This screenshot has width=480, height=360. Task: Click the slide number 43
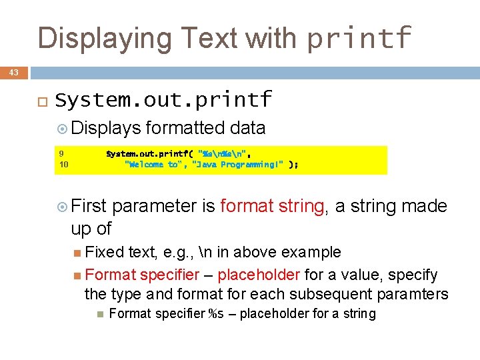click(14, 72)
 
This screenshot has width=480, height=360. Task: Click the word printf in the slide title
click(359, 38)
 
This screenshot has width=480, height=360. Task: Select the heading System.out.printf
click(164, 100)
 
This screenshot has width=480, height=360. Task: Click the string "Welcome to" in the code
click(155, 165)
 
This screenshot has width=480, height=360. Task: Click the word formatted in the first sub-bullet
click(185, 128)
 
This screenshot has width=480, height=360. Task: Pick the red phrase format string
click(273, 206)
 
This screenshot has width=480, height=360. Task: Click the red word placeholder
click(259, 275)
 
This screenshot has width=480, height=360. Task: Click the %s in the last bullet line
click(215, 314)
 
